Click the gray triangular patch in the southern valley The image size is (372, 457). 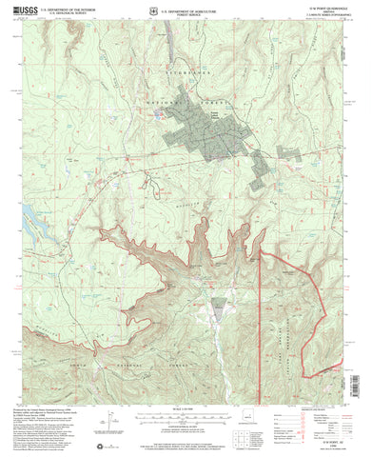pyautogui.click(x=219, y=308)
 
